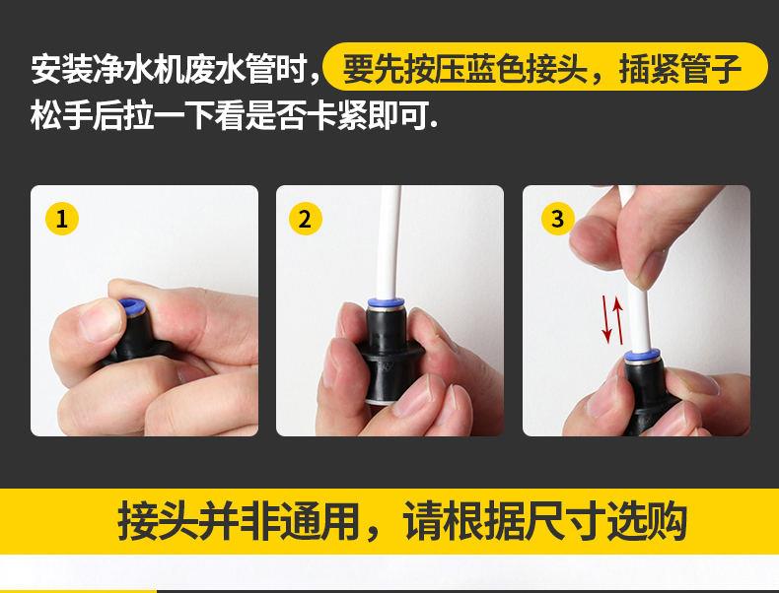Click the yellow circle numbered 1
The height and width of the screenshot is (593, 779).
point(62,219)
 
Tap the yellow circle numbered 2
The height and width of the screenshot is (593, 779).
point(306,219)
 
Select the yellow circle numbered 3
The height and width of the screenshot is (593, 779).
point(558,218)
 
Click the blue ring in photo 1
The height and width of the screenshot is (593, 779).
point(131,307)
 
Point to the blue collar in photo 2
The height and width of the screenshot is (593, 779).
point(386,303)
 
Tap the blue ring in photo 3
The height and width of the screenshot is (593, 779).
point(642,356)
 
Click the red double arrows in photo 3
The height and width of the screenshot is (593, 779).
point(612,319)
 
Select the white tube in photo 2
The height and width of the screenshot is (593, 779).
point(389,242)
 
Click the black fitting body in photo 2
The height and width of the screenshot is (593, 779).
point(387,355)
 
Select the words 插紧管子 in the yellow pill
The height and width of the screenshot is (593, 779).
point(680,68)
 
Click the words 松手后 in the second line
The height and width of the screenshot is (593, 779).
point(78,115)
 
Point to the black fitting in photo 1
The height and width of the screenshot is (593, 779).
point(134,339)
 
